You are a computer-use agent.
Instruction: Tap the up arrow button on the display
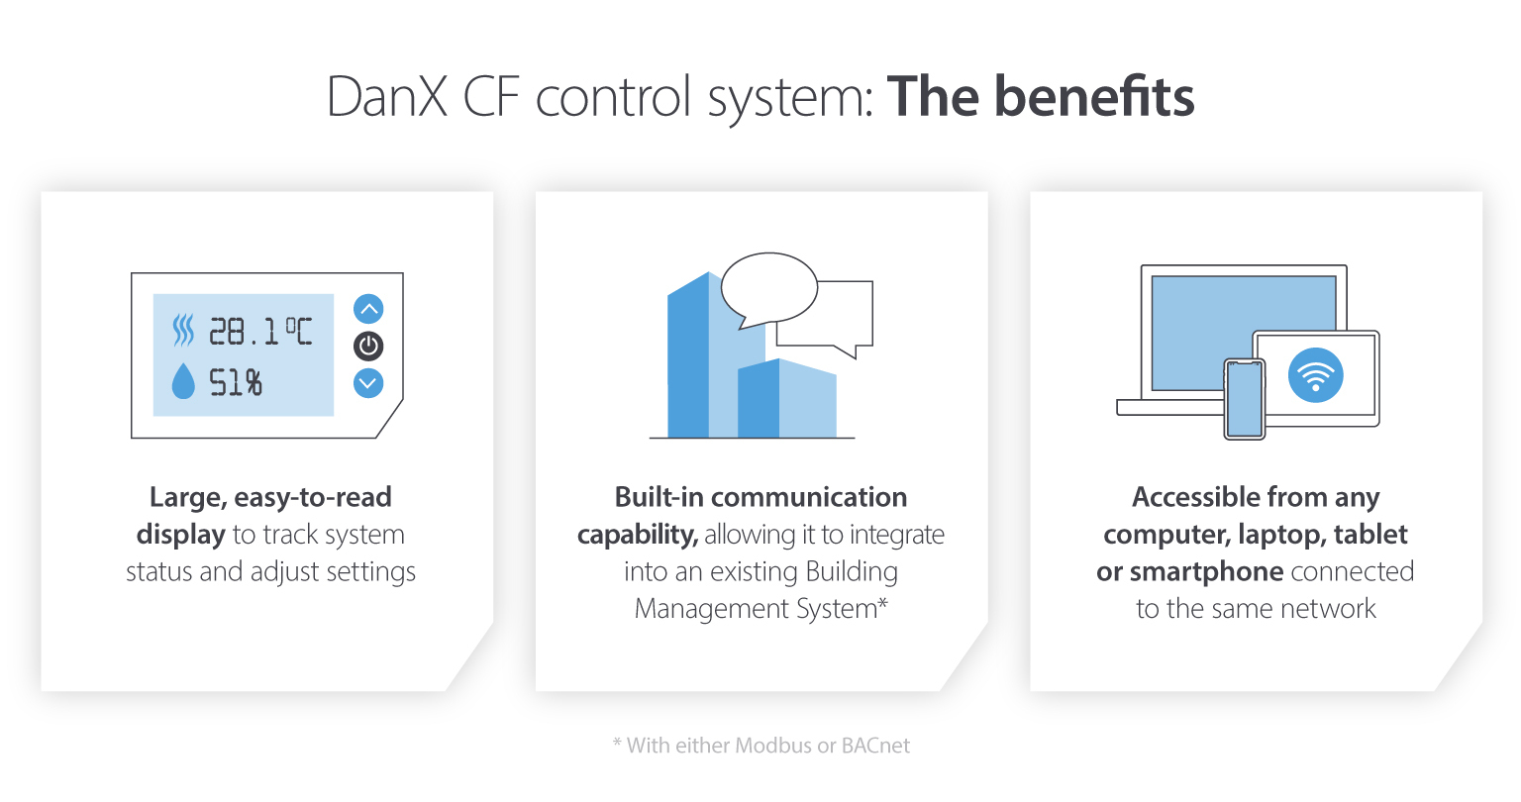point(368,309)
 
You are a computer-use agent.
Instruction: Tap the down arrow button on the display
point(368,382)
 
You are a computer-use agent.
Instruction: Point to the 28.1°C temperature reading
point(259,332)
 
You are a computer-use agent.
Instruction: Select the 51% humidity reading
point(236,382)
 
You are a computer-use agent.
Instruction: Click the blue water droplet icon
point(183,382)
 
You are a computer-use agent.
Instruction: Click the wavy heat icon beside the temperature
point(183,331)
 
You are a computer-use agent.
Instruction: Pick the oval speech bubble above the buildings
point(768,288)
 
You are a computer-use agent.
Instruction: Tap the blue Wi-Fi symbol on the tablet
point(1315,375)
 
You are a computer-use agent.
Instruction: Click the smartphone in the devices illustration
point(1245,399)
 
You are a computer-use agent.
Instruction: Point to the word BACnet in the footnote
point(875,746)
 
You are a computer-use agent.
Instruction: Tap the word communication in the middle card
point(808,497)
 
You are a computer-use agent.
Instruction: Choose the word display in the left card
point(181,535)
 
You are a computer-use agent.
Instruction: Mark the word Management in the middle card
point(698,608)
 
